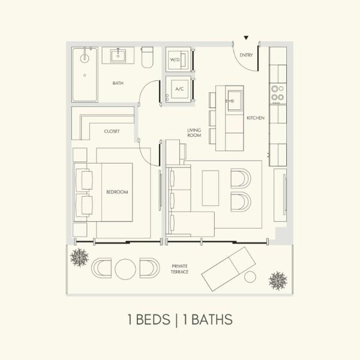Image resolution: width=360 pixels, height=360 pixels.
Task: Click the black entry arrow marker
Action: coord(246,38)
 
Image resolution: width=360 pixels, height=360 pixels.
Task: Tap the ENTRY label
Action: coord(246,55)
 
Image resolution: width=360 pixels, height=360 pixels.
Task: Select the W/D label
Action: coord(175,59)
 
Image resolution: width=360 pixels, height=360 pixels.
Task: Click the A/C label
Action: coord(179,89)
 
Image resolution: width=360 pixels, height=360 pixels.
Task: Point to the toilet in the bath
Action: coord(147,57)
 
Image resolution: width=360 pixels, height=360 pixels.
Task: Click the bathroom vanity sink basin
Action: coord(118,56)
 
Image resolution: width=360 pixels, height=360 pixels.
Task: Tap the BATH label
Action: coord(118,83)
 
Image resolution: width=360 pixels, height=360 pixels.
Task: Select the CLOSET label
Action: coord(112,131)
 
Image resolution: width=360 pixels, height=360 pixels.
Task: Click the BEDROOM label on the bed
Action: coord(117,192)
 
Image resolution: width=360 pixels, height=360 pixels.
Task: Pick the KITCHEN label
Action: coord(256,118)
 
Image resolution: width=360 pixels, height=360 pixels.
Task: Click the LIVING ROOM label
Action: coord(194,133)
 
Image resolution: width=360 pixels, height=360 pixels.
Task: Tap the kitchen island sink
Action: coord(235,100)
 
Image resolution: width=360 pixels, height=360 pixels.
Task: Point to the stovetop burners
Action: coord(278,93)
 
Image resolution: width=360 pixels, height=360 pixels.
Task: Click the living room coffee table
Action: coord(211,188)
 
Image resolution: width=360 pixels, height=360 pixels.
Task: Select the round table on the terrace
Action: coord(125,269)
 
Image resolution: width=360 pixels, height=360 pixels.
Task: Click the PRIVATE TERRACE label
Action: coord(179,269)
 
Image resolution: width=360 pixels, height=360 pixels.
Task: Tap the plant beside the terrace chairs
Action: coord(79,257)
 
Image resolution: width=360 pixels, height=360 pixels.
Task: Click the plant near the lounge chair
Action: coord(278,281)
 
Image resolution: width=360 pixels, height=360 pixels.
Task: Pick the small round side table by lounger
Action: coord(250,277)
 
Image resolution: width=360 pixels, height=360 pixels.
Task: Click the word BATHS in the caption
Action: coord(212,320)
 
